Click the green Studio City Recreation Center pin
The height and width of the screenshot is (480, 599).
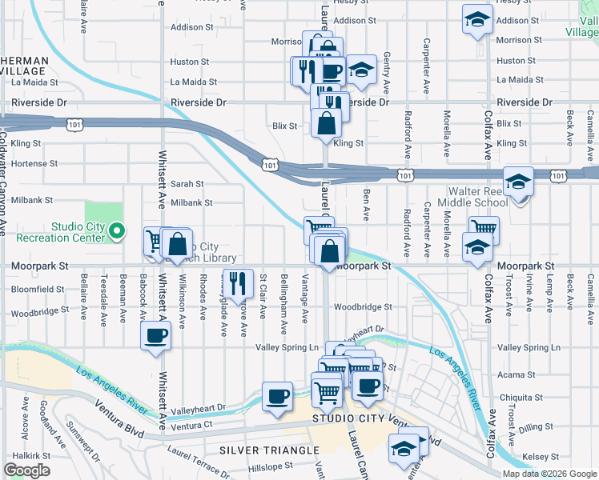(x=116, y=234)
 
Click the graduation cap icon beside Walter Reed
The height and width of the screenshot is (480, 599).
(x=519, y=183)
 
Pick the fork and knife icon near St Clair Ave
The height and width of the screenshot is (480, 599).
(x=236, y=282)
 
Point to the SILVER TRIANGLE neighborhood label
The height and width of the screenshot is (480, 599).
(x=270, y=451)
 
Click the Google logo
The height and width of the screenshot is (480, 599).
(x=26, y=470)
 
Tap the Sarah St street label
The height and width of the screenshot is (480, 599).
(x=187, y=183)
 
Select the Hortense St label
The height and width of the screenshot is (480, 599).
(x=34, y=163)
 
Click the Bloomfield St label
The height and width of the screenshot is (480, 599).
(x=38, y=289)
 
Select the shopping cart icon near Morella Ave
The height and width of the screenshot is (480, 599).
(x=484, y=230)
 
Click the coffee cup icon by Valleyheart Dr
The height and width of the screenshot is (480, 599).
(x=278, y=396)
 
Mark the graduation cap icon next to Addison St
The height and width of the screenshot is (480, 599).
(x=477, y=20)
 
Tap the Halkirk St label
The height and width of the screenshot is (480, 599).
(x=32, y=455)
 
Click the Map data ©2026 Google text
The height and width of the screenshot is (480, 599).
(x=549, y=474)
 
